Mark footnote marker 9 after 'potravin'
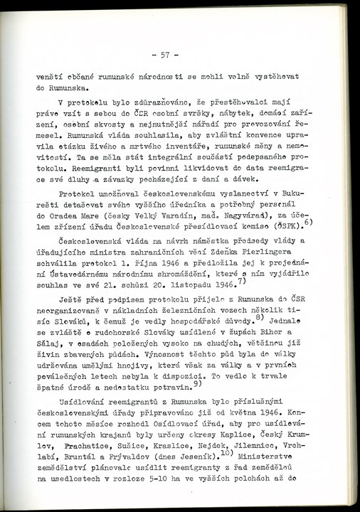coord(196,385)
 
